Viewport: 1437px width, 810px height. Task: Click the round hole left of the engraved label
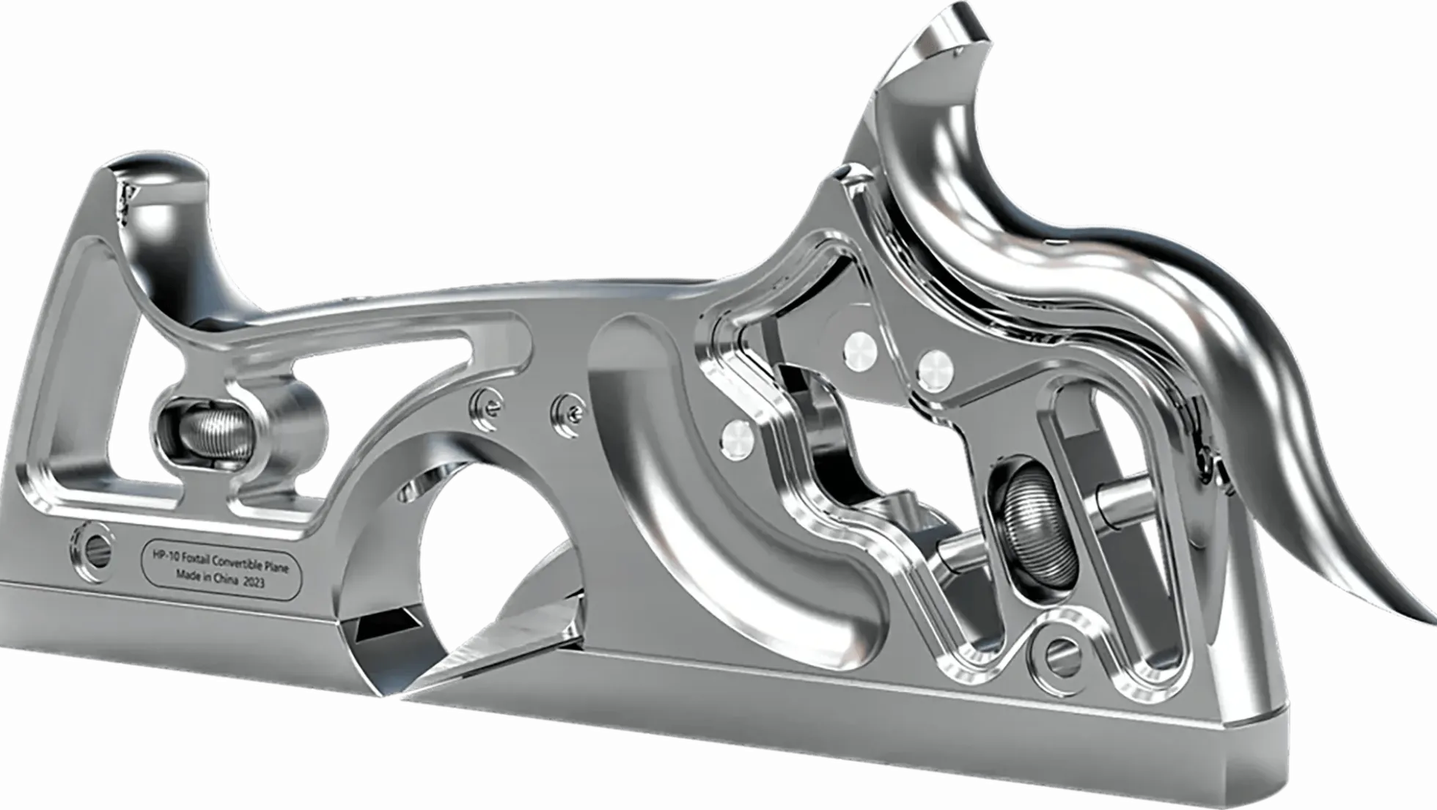pyautogui.click(x=92, y=546)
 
